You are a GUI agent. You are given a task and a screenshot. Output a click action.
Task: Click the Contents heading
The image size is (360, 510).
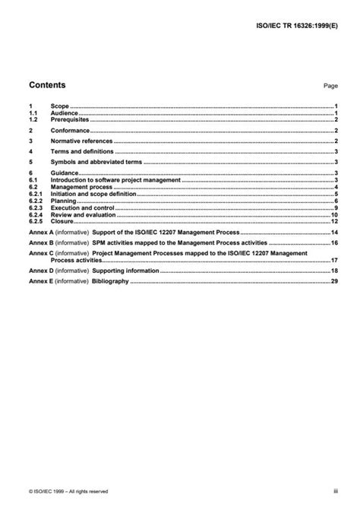47,85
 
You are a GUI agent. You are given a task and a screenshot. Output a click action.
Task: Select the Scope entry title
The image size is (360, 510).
59,107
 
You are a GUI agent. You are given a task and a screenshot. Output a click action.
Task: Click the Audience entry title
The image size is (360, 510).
65,113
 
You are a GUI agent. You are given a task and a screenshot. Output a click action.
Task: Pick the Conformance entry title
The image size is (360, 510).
70,130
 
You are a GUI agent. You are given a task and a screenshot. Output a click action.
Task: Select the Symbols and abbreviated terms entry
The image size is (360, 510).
96,162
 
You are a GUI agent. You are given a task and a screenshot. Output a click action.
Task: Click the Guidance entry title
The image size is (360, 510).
65,173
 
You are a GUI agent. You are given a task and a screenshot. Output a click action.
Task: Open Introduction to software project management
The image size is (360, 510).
115,179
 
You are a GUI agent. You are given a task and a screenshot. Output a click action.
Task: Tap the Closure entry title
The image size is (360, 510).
62,221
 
